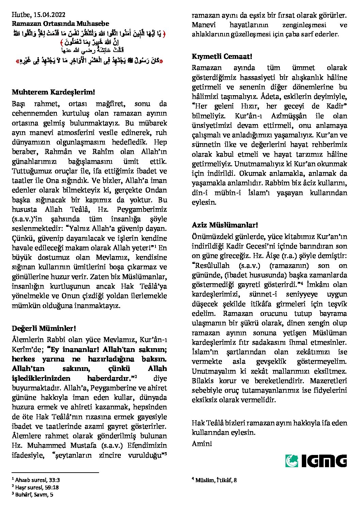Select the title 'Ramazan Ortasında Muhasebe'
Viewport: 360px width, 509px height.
[61, 23]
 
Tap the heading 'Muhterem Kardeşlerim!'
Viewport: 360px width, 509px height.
[53, 92]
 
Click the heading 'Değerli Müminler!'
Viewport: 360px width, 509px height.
[44, 328]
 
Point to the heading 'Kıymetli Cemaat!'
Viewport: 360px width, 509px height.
[222, 56]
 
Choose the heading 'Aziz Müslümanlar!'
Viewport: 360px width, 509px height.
[225, 225]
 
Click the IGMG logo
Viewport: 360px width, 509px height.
[316, 461]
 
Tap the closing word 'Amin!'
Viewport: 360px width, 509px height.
[202, 443]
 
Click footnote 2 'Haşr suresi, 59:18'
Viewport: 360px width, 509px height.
[37, 487]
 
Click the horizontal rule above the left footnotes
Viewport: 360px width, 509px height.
[55, 472]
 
